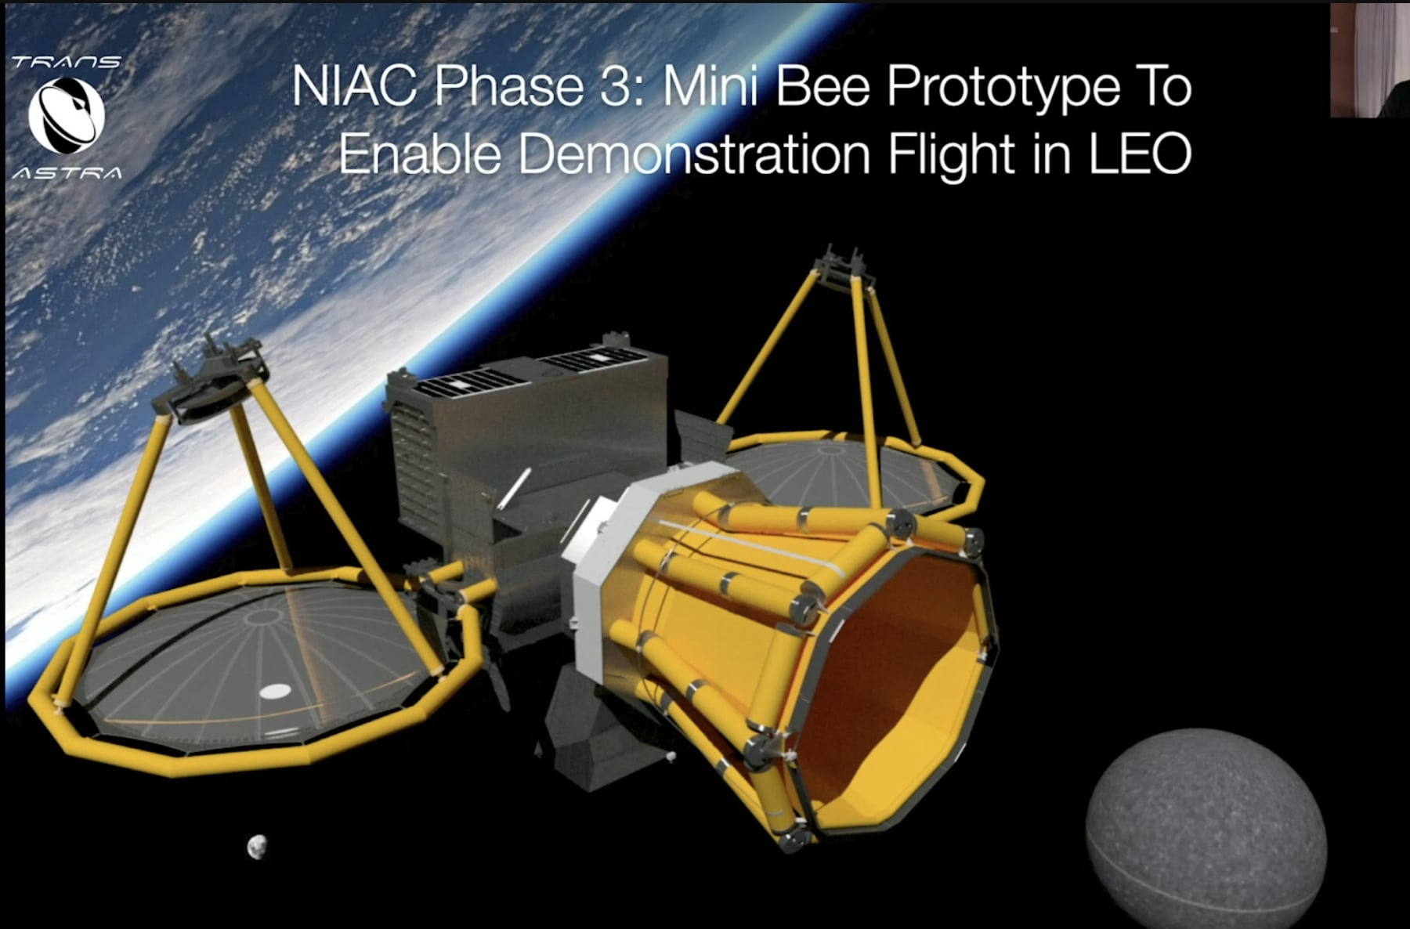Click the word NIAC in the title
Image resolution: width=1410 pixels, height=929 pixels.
pos(355,86)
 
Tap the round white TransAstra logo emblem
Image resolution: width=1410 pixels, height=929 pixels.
pos(67,116)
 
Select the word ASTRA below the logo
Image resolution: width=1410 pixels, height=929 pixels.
pos(67,173)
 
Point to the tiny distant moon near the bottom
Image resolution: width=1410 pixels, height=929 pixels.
pos(256,847)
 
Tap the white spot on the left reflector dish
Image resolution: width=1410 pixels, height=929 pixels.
pos(275,691)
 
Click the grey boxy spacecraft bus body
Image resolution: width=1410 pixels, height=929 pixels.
pos(533,439)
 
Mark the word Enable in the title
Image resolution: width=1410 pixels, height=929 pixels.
pos(419,154)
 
